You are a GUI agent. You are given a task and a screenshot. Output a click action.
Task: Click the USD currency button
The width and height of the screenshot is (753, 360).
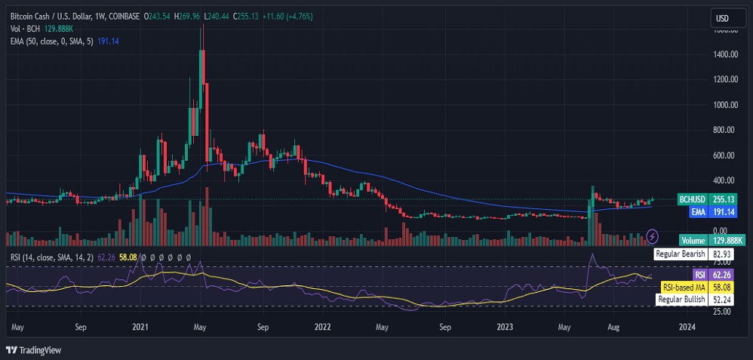722,18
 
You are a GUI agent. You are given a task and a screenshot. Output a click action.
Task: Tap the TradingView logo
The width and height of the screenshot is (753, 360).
34,350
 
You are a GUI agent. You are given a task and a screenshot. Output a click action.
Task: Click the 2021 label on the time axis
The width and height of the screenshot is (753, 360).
140,328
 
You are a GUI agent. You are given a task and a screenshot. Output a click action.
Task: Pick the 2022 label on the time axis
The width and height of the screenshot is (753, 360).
322,328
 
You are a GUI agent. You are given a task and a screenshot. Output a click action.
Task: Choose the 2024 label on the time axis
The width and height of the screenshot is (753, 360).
687,328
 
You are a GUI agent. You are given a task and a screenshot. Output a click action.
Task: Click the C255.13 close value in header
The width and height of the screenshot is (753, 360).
246,16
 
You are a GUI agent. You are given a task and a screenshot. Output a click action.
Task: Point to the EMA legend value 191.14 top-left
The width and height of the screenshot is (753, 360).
109,41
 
